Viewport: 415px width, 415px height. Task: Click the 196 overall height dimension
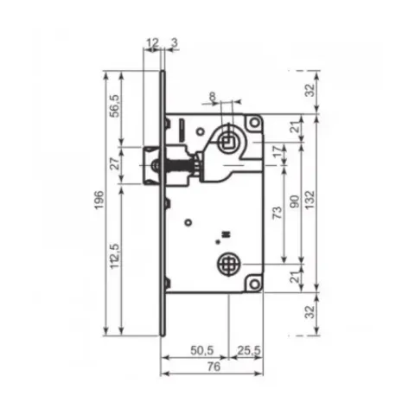99,200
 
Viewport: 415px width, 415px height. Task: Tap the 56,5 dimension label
115,105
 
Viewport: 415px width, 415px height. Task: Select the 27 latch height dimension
115,163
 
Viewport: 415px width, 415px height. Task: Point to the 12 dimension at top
153,43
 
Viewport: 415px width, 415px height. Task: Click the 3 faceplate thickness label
175,43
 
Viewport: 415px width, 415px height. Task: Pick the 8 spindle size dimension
213,96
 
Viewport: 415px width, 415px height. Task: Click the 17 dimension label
278,151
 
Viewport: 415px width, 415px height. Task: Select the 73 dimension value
278,213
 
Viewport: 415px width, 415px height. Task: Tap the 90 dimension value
295,201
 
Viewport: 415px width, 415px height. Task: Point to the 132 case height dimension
310,200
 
